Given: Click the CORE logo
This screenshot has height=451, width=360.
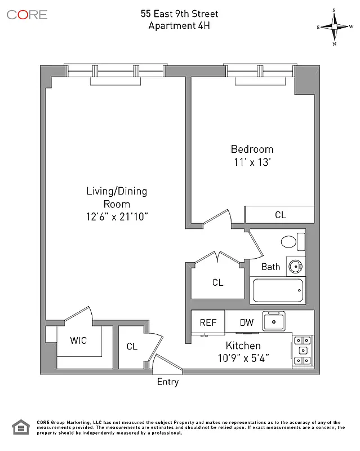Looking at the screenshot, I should point(27,15).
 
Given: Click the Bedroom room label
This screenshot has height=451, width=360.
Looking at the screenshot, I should point(252,149).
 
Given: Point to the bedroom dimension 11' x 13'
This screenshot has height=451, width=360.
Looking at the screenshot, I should point(252,162).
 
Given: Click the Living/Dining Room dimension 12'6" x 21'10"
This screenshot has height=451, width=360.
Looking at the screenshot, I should point(117,216).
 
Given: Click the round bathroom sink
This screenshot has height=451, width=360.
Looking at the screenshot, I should point(294,266).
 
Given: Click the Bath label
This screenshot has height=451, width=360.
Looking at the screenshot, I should point(270,267).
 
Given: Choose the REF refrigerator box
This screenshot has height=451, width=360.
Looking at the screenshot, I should point(208,323).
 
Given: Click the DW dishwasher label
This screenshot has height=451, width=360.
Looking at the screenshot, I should point(247,323).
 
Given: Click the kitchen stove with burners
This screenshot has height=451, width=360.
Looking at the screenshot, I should point(303,351).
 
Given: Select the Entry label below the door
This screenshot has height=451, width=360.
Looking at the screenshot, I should point(168,382).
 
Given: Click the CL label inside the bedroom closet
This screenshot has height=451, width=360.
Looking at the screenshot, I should point(280,215).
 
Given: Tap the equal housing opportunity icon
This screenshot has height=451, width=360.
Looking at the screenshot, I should point(21,428).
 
